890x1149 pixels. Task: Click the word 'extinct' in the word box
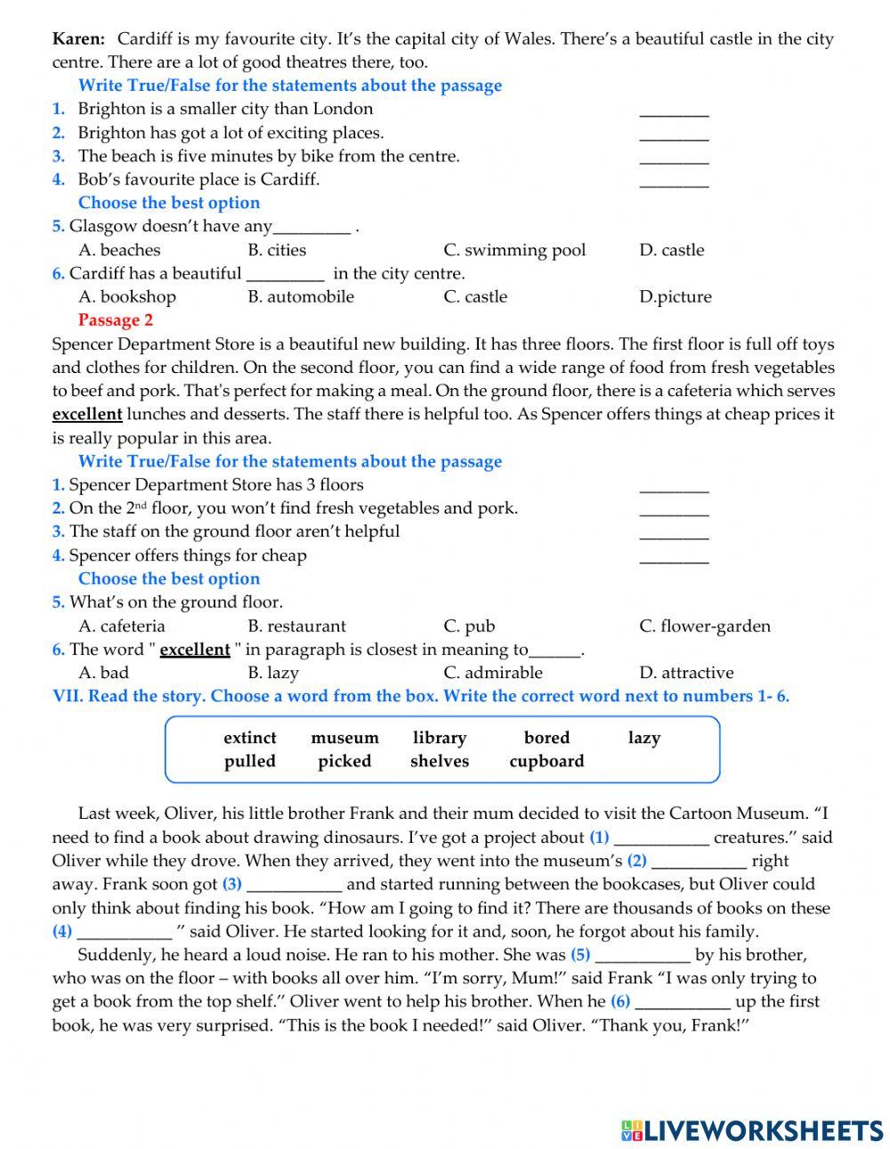249,738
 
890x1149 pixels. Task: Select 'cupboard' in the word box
546,761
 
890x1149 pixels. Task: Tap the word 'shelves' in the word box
439,761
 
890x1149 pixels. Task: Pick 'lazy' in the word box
643,738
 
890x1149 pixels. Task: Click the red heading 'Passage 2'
116,320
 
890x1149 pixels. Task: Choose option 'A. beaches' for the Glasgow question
119,250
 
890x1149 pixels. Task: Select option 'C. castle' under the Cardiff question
475,296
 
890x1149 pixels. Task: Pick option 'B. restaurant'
296,626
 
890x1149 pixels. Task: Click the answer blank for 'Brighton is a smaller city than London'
674,110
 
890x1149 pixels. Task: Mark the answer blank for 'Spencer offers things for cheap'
674,557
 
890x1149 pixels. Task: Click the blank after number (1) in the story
661,838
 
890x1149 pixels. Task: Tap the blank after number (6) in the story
684,1002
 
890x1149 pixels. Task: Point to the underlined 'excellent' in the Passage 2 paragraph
87,414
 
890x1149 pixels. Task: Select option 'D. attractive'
686,673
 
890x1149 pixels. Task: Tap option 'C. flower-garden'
705,626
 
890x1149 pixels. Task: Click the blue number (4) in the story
62,932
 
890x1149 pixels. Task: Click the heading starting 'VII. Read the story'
421,696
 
